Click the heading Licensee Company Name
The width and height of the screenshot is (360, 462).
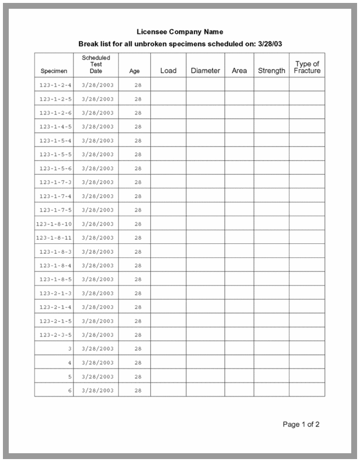click(179, 32)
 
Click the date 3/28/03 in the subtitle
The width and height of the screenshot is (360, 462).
click(274, 44)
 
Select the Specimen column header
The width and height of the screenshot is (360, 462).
click(54, 71)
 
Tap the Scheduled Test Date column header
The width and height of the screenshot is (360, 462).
click(96, 64)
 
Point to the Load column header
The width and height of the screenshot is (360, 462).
click(168, 71)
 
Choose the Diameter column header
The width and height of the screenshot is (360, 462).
click(205, 71)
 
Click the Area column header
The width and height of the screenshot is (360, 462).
click(239, 71)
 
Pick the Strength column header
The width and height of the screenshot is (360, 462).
click(271, 71)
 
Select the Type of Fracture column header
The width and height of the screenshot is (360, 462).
click(307, 67)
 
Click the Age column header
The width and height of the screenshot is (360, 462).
click(134, 71)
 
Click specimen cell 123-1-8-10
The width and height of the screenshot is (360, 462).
click(54, 224)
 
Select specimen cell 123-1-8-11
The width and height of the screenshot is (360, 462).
click(54, 238)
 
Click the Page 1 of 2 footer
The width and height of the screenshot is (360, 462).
click(301, 424)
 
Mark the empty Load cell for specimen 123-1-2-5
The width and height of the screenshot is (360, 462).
click(168, 99)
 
